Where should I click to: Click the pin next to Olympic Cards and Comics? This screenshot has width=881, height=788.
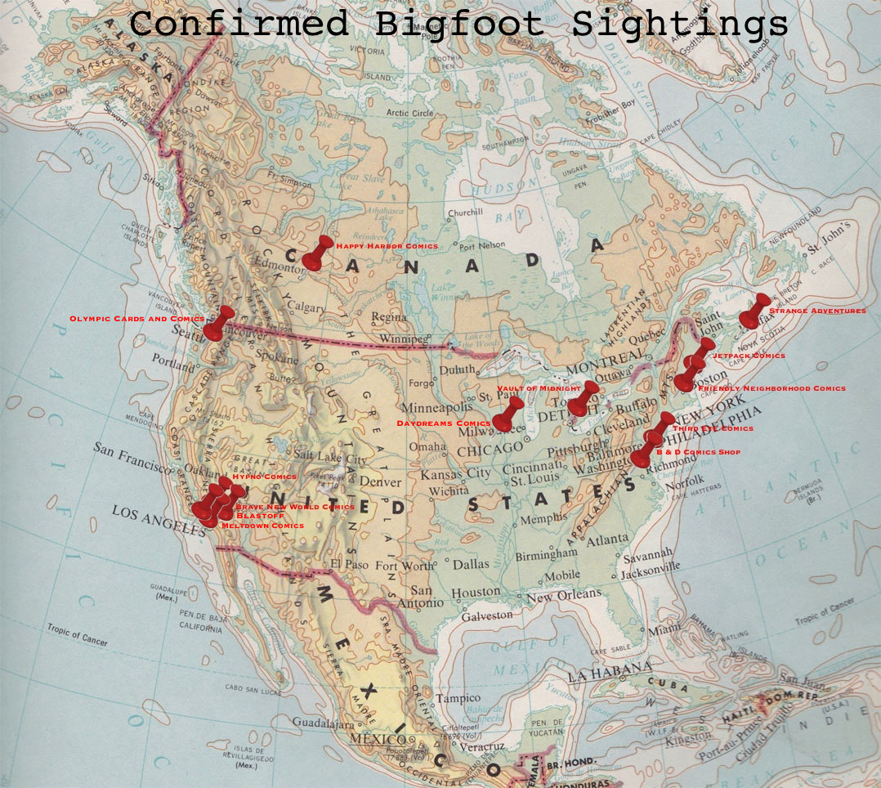(x=218, y=324)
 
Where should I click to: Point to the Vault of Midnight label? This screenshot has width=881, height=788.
(x=539, y=388)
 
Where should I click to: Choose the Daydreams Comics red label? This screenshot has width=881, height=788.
(x=443, y=423)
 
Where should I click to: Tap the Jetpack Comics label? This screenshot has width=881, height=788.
(x=749, y=356)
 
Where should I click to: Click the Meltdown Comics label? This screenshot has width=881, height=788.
(x=262, y=525)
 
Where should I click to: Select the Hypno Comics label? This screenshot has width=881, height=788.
(x=264, y=476)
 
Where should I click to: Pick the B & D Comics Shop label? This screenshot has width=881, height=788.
(x=697, y=452)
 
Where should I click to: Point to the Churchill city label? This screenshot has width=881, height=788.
(x=464, y=213)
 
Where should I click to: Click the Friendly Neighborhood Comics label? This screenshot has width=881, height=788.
(x=771, y=388)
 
